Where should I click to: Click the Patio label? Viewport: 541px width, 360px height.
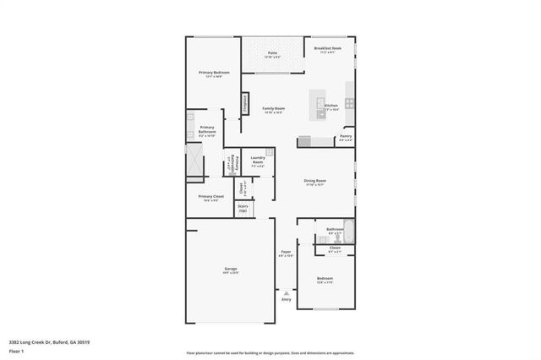pos(272,53)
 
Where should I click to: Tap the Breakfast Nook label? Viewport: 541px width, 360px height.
pos(327,49)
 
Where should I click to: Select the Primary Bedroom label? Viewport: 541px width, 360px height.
pos(214,74)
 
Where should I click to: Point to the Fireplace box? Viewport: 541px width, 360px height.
pos(246,104)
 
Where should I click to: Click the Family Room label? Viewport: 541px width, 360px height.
pos(273,110)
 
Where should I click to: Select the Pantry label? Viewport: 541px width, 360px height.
pos(346,136)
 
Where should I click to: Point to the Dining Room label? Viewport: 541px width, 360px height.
pos(315,181)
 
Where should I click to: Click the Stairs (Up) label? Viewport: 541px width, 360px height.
pos(243,207)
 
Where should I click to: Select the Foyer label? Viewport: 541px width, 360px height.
pos(286,253)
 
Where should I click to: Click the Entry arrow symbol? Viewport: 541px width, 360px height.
pos(286,293)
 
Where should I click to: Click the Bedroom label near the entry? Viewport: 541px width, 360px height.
pos(325,279)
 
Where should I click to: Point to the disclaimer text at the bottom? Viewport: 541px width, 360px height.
pos(270,352)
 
